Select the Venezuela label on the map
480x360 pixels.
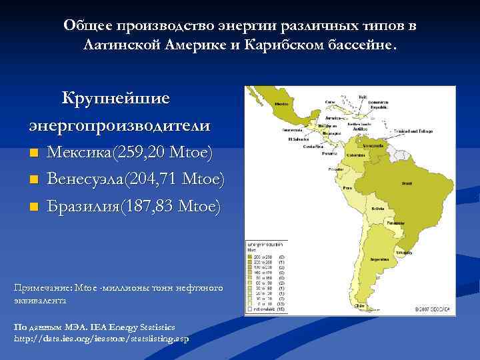coord(368,144)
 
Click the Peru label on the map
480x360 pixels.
coord(346,189)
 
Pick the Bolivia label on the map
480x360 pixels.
coord(376,209)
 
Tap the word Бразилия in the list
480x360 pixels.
coord(79,206)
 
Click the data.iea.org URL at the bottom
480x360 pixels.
coord(101,339)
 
